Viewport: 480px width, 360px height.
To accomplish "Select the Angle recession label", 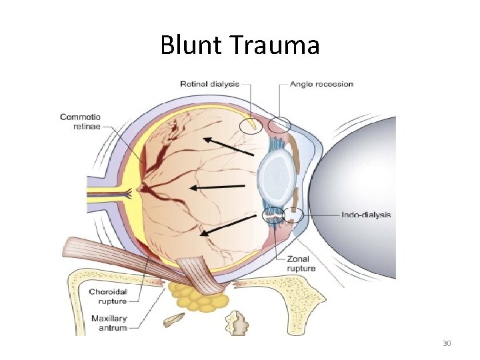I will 321,84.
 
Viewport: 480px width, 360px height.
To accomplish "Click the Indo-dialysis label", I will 365,215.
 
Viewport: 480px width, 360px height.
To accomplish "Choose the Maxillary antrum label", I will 109,323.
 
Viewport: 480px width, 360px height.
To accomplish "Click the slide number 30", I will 447,343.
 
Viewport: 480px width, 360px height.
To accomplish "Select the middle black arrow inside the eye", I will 217,187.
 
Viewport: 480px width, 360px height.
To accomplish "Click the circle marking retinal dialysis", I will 251,125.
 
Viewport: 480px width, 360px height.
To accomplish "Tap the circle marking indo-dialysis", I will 293,215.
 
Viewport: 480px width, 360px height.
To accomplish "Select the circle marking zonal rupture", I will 272,215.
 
